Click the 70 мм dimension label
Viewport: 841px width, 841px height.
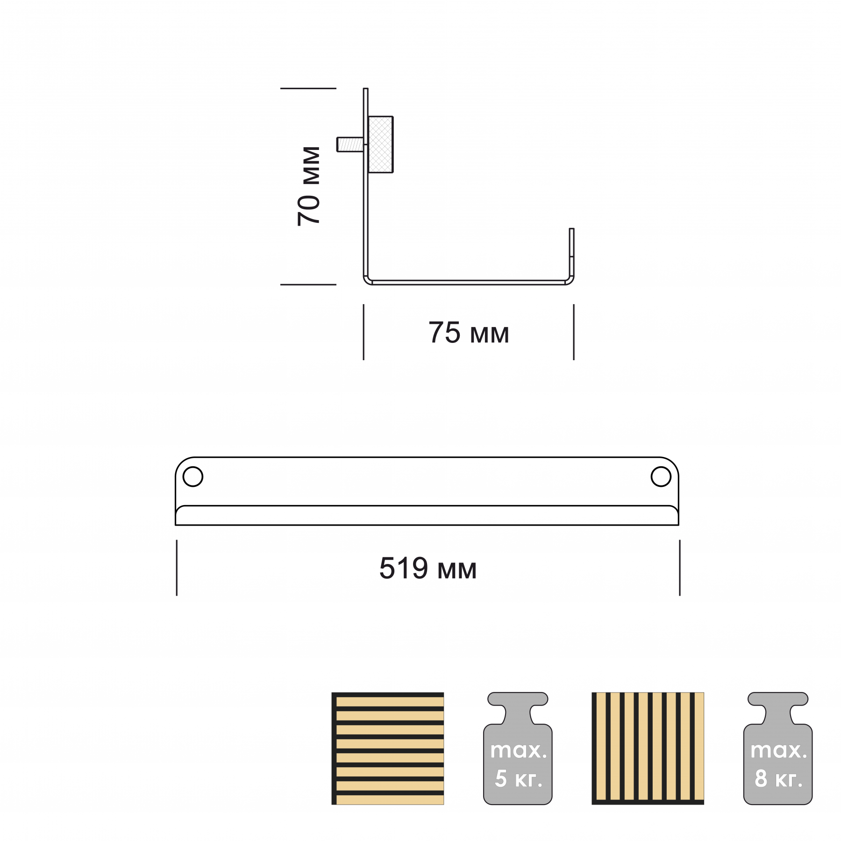point(308,186)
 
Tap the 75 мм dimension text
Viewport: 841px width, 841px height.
point(469,333)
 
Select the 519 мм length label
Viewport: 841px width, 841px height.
point(428,568)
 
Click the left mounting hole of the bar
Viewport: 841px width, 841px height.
point(193,477)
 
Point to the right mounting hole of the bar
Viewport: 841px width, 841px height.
point(661,477)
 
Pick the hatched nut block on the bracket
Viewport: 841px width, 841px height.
point(380,144)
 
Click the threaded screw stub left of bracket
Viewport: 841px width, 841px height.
point(350,144)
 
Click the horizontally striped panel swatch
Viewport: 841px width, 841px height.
point(388,748)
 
